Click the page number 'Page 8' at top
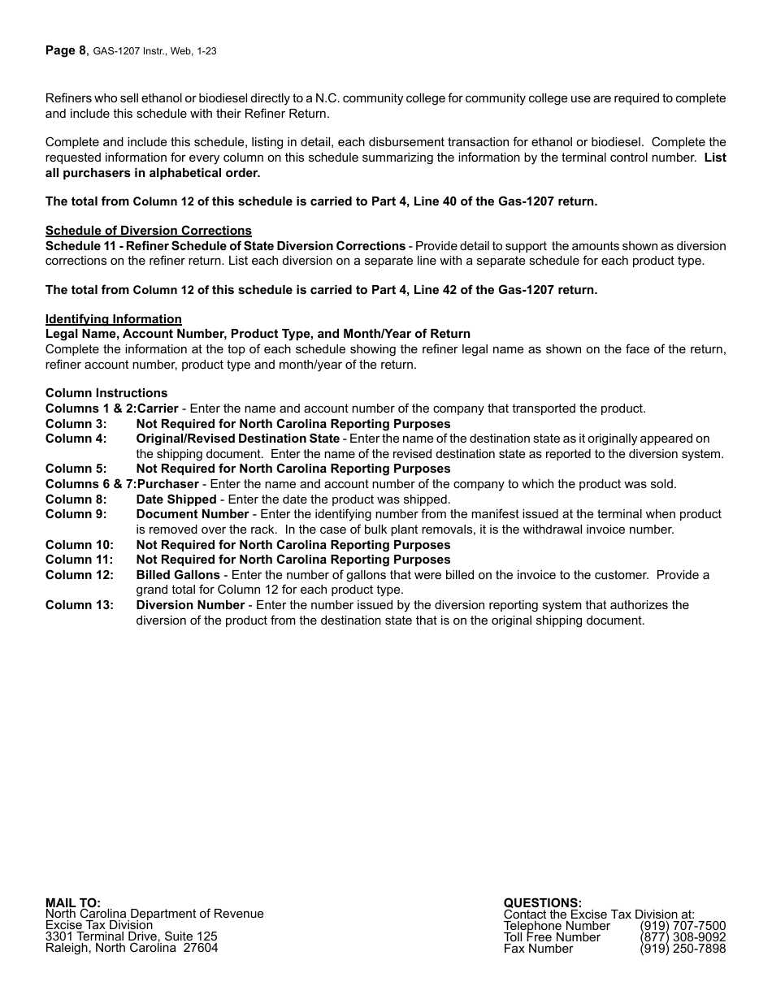[x=65, y=50]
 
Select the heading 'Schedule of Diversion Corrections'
[x=148, y=231]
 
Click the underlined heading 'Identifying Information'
[x=113, y=319]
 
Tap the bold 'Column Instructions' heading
[x=106, y=393]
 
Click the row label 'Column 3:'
[x=76, y=424]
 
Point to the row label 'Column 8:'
[x=76, y=500]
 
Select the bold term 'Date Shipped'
[x=176, y=500]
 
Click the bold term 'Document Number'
[x=192, y=514]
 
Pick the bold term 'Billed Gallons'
[x=177, y=575]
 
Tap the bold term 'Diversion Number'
[x=189, y=605]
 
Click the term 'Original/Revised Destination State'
[x=237, y=439]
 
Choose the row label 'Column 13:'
[x=79, y=605]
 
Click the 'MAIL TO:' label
[x=73, y=902]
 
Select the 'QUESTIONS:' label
[x=542, y=902]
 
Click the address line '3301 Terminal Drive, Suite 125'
[x=131, y=936]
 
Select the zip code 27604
[x=200, y=948]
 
